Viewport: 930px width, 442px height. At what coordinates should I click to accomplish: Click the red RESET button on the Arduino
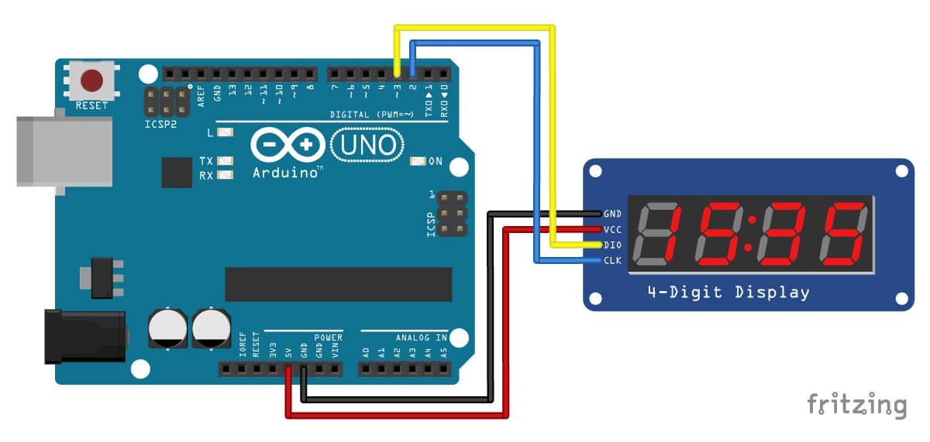pos(91,80)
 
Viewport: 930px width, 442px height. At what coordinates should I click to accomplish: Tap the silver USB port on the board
pos(64,152)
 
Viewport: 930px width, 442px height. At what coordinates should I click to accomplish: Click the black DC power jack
pos(85,337)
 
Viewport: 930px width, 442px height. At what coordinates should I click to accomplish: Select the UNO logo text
pos(367,145)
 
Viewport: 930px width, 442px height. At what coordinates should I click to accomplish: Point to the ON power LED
pos(418,161)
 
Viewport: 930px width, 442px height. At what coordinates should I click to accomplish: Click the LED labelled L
pos(225,132)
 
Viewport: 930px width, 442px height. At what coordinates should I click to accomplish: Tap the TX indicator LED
pos(225,160)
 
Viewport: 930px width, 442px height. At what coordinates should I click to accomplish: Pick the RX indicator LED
pos(225,175)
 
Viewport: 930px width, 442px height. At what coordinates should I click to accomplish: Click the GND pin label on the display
pos(612,214)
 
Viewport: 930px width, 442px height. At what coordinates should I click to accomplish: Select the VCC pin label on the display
pos(612,229)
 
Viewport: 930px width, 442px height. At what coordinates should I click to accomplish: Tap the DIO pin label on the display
pos(612,245)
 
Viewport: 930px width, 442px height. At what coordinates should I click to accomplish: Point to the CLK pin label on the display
pos(612,260)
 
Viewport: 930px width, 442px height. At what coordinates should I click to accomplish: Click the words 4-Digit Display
pos(728,293)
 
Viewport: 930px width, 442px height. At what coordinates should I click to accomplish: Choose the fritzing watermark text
pos(857,404)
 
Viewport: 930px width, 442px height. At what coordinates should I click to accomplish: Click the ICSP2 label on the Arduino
pos(160,124)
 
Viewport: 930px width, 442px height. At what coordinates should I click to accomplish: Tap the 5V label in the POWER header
pos(288,352)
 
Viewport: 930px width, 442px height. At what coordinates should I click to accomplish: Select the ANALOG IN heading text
pos(421,338)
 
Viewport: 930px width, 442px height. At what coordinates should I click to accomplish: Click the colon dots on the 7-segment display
pos(750,234)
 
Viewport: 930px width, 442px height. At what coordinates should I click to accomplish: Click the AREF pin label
pos(201,96)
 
